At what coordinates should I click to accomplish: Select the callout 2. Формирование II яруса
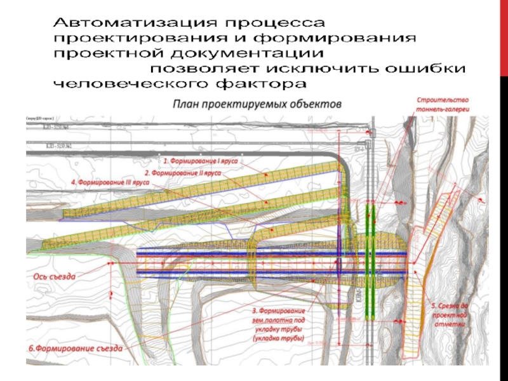tap(183, 172)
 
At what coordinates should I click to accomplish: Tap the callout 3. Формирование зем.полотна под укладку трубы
tap(279, 325)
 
